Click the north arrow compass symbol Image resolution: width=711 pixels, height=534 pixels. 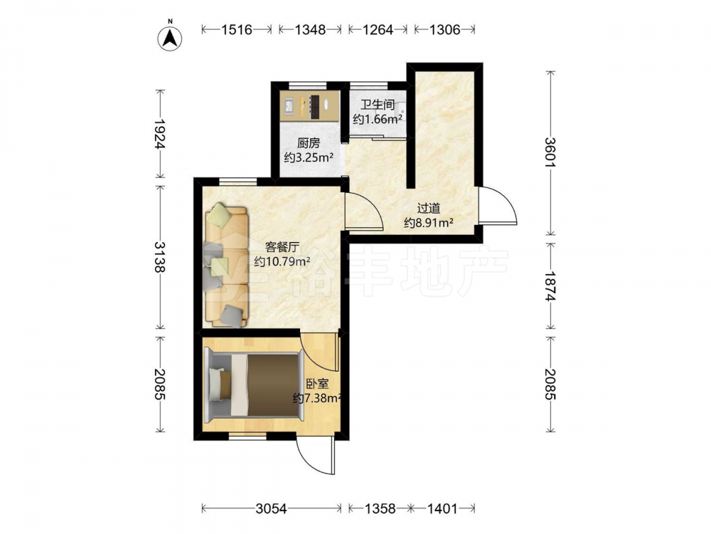click(170, 37)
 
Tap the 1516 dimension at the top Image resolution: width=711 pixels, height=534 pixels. click(237, 30)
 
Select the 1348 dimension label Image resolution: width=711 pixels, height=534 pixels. click(310, 30)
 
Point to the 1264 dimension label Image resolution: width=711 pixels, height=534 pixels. click(378, 30)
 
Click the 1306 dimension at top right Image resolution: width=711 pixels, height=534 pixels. click(444, 30)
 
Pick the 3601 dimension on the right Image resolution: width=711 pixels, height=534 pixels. click(550, 152)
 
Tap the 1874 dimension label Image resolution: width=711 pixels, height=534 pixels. click(550, 286)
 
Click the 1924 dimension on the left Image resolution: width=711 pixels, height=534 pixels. click(159, 134)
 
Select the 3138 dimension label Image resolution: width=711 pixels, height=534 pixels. click(159, 256)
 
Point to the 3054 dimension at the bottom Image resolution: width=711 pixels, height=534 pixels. click(271, 508)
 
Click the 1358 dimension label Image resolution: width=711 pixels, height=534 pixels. click(380, 508)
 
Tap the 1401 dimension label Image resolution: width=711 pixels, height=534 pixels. click(442, 508)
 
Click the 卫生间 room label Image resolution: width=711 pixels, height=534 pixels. click(378, 105)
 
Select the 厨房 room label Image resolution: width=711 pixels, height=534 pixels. click(309, 144)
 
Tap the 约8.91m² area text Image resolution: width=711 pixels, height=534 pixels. click(429, 222)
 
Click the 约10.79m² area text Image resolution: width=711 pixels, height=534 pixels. click(282, 261)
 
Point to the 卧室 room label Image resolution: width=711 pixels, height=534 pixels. click(317, 384)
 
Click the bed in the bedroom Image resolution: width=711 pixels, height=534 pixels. click(254, 384)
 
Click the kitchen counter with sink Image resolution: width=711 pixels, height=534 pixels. click(310, 105)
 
